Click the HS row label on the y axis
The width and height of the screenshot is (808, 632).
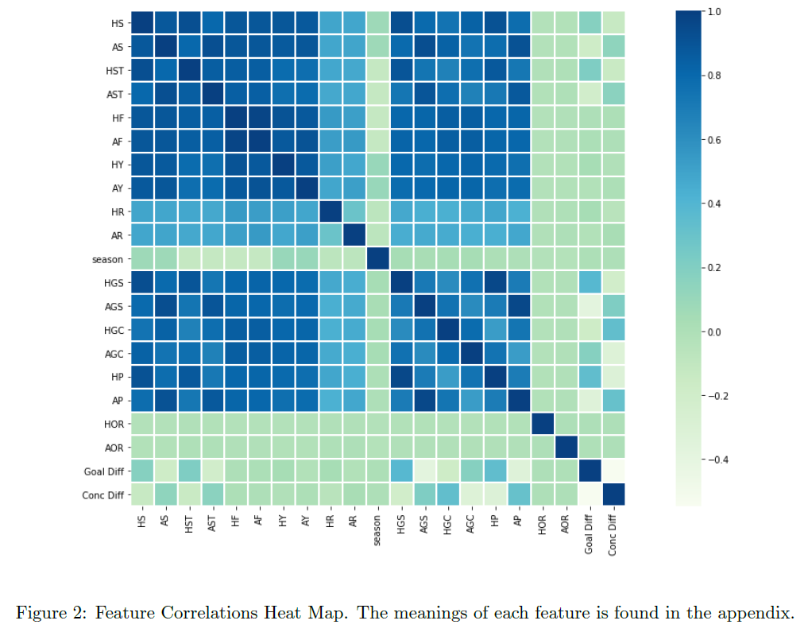[117, 24]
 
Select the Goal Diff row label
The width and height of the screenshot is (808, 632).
[103, 471]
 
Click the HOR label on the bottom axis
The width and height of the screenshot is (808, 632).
[542, 524]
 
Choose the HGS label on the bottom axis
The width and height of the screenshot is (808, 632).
[400, 525]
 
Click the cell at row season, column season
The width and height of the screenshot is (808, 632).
[377, 259]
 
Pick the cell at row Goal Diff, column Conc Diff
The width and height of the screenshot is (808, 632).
[613, 471]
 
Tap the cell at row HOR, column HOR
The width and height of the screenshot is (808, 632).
[542, 425]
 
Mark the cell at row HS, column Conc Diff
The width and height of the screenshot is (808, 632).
[613, 24]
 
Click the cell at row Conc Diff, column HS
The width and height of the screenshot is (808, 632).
[142, 494]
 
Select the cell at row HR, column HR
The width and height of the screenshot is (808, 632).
[331, 212]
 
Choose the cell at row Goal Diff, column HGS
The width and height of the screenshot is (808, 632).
[400, 471]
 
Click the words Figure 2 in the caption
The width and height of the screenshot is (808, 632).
[48, 613]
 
